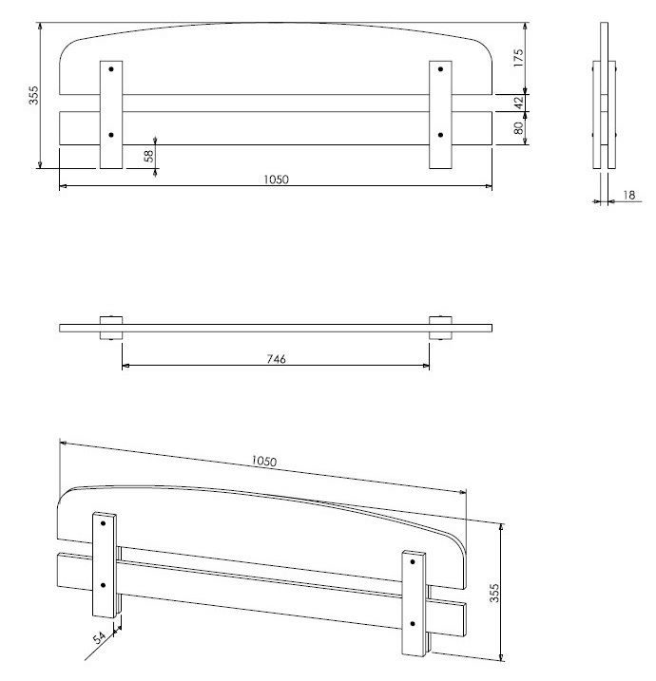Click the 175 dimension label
tap(518, 58)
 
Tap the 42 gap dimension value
tap(518, 103)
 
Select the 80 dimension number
tap(518, 128)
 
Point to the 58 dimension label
tap(148, 156)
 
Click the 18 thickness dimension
tap(629, 196)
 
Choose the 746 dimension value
tap(276, 359)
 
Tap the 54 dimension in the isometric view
tap(100, 637)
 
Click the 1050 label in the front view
tap(276, 180)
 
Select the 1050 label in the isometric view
tap(264, 461)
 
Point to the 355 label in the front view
tap(33, 95)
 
